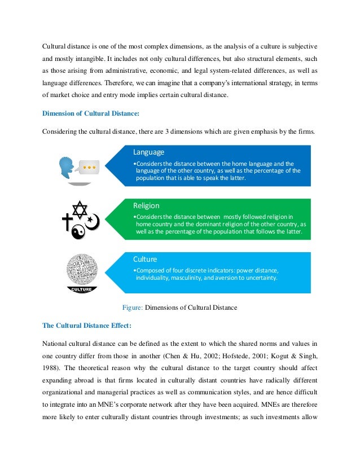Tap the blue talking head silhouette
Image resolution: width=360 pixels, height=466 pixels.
(x=68, y=167)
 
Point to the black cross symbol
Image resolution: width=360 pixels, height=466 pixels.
(x=67, y=222)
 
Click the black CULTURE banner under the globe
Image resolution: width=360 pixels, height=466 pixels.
(x=82, y=289)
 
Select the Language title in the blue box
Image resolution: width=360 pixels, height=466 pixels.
(x=148, y=152)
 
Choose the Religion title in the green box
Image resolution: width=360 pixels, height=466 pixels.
(x=146, y=205)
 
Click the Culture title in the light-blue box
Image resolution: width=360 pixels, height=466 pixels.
(x=145, y=260)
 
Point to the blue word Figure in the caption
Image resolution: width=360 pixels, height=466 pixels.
(x=133, y=307)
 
